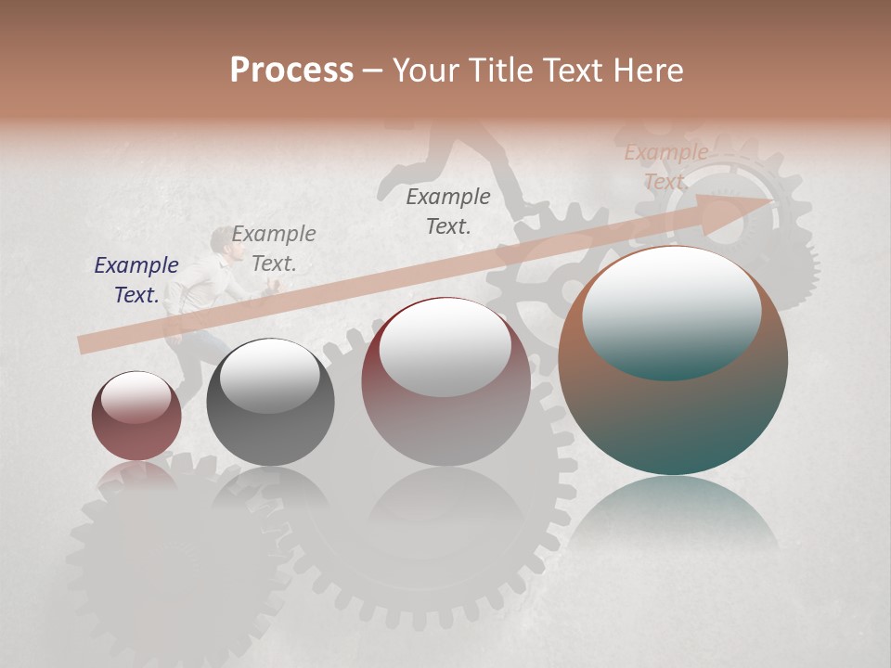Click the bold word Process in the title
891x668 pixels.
(291, 70)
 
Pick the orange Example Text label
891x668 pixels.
(665, 167)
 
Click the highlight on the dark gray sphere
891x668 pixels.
(269, 376)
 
